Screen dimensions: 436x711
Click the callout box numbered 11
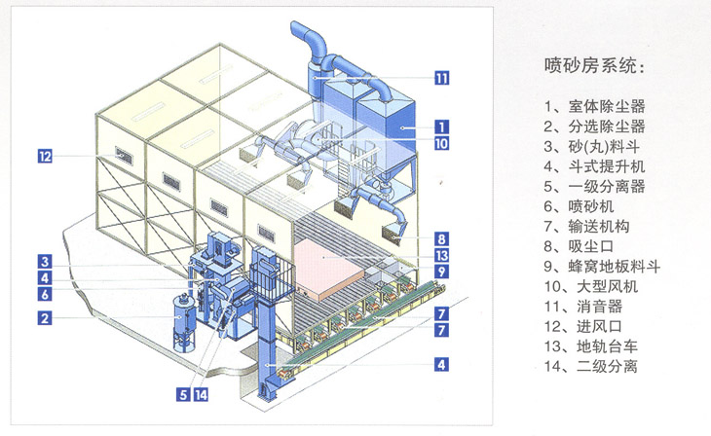pyautogui.click(x=441, y=79)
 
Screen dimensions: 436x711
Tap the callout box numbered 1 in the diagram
pyautogui.click(x=441, y=126)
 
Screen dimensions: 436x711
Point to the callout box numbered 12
pyautogui.click(x=45, y=154)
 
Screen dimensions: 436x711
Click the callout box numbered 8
pyautogui.click(x=441, y=237)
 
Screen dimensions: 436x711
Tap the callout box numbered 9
pyautogui.click(x=441, y=272)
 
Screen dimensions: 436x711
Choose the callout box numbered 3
pyautogui.click(x=45, y=260)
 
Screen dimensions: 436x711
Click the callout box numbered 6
pyautogui.click(x=45, y=293)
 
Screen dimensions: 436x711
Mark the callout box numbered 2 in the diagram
pyautogui.click(x=45, y=316)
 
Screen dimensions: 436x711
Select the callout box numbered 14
pyautogui.click(x=202, y=394)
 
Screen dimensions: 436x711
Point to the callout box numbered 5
pyautogui.click(x=182, y=394)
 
